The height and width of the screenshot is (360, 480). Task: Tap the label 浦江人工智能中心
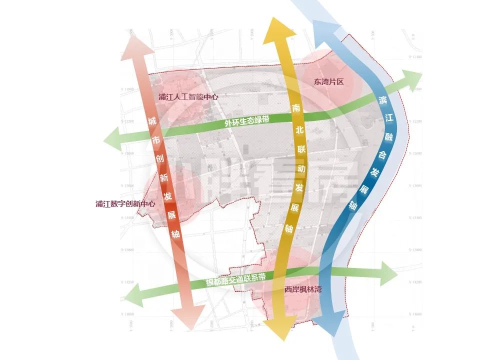188,96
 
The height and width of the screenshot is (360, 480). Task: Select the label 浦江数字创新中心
125,204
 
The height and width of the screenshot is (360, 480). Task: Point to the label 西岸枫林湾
303,288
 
